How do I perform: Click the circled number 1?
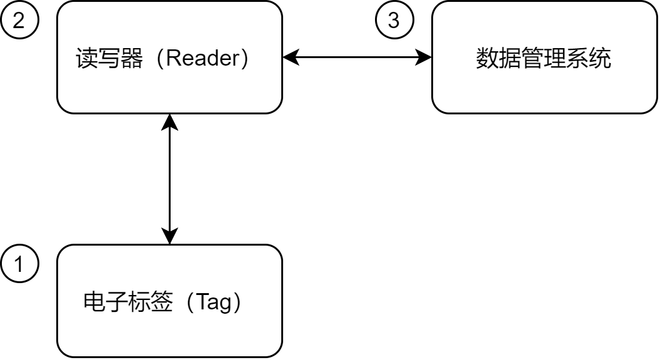[20, 265]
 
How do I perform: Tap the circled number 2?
[20, 21]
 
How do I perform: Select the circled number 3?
[394, 21]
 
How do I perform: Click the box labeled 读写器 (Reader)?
[169, 87]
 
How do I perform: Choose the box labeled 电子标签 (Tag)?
[169, 331]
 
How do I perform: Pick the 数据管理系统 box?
[544, 87]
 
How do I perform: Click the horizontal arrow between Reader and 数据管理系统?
[357, 57]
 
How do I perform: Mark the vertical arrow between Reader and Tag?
[169, 179]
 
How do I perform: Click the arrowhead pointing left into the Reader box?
[289, 57]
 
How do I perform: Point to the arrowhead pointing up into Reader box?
[169, 121]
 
